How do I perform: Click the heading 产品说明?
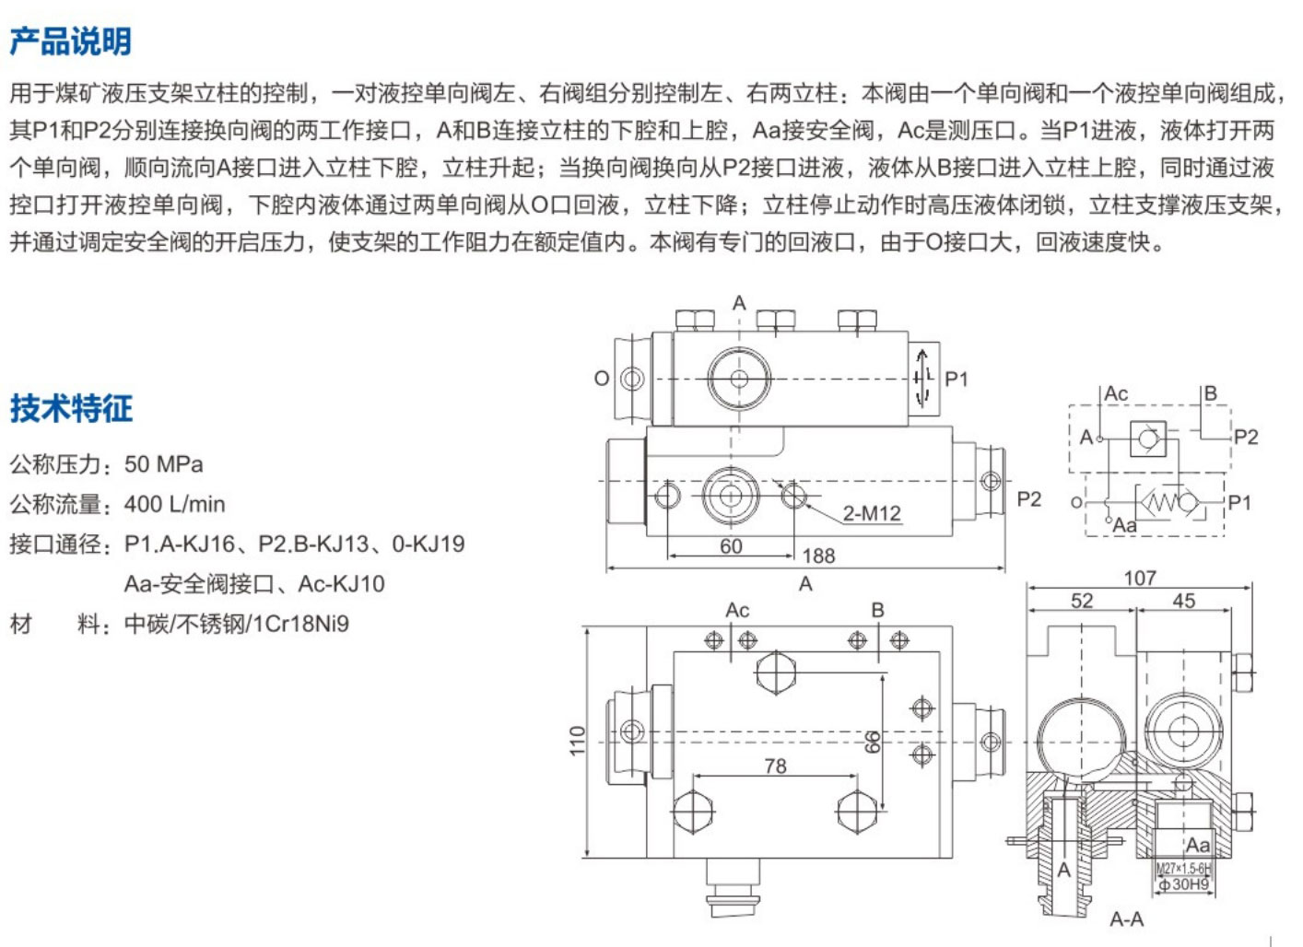point(71,41)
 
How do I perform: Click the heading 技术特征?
point(71,408)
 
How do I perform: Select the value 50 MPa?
point(163,464)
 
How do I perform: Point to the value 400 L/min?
point(174,504)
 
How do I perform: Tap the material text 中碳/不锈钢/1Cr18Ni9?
point(236,624)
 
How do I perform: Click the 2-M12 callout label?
point(871,513)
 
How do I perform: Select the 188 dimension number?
point(818,555)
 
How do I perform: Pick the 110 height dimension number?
point(578,741)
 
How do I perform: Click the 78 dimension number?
point(775,766)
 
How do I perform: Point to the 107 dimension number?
point(1139,578)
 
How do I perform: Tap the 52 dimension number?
point(1082,601)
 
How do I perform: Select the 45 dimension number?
point(1183,601)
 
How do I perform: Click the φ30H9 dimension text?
point(1184,884)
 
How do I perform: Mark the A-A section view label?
point(1126,918)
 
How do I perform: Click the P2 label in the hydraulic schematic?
point(1245,437)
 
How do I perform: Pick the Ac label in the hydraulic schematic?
point(1116,393)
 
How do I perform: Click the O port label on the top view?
point(601,378)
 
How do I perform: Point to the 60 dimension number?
point(731,546)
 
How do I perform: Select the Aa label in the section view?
point(1198,845)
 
